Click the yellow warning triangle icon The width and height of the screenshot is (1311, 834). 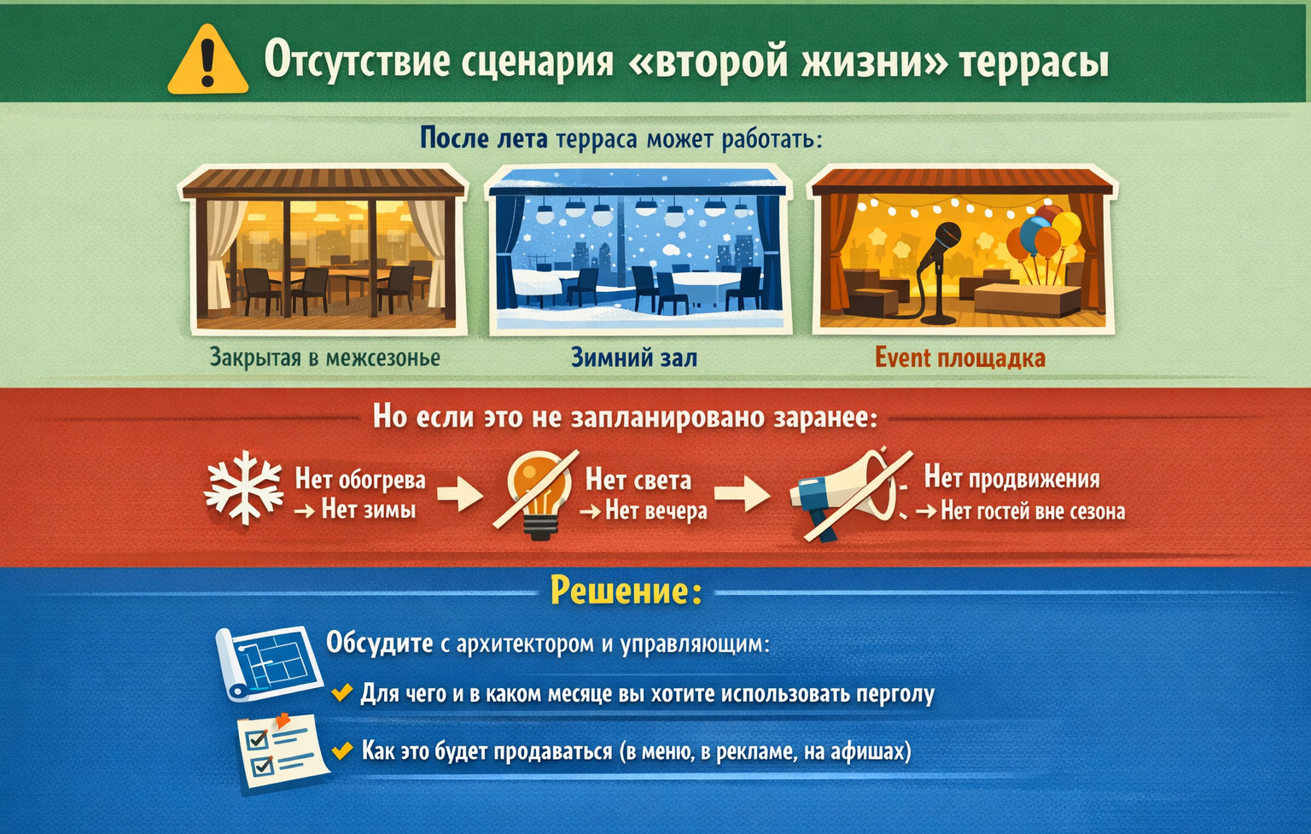point(207,61)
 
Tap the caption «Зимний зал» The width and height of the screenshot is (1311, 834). point(633,358)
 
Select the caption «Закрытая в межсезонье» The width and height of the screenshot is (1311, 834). point(325,358)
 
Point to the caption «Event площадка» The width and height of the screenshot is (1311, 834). point(960,358)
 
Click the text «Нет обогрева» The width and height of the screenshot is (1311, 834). point(360,480)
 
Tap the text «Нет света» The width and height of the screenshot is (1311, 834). point(638,480)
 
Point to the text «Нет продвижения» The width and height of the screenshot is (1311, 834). point(1012,478)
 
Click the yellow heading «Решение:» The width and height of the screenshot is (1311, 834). point(626,590)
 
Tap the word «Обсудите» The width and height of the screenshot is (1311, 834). point(380,642)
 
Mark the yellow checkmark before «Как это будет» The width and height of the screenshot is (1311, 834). point(342,750)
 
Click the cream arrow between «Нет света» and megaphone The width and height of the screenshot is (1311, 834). point(741,493)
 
